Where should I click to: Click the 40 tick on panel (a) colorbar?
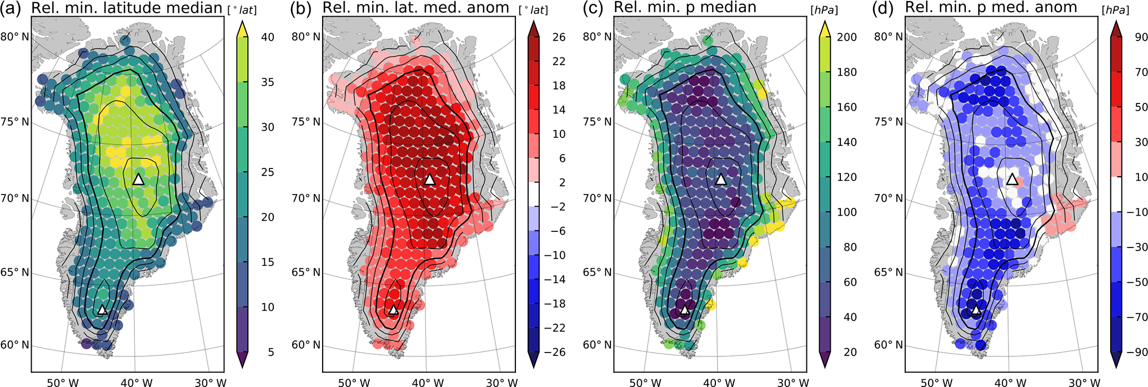tap(268, 37)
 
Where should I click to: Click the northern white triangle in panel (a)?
tap(138, 179)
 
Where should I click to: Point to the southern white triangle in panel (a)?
tap(102, 310)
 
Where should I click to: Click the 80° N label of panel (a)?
tap(14, 37)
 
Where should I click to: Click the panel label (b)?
tap(305, 8)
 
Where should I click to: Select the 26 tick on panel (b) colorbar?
tap(559, 37)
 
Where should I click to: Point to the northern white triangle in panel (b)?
tap(429, 179)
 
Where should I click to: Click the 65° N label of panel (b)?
tap(306, 272)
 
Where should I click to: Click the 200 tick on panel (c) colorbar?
tap(846, 37)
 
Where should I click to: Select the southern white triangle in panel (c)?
tap(684, 310)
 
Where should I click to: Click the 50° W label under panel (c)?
tap(644, 382)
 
